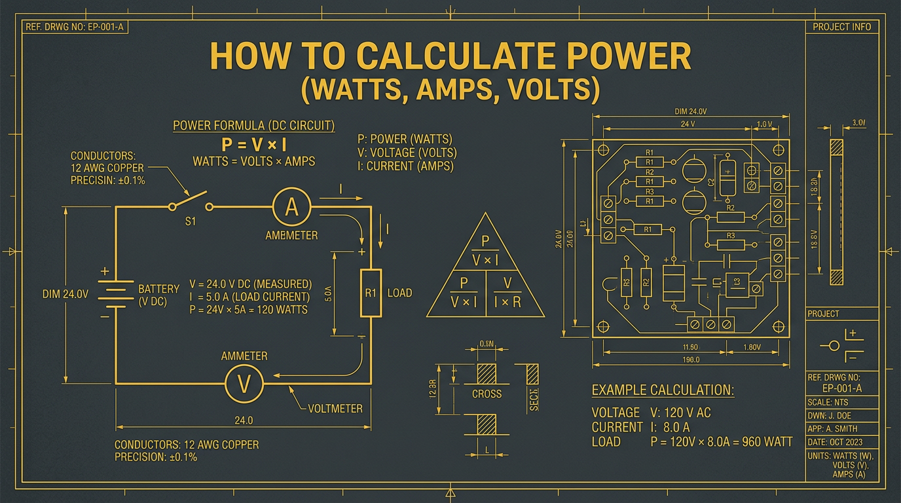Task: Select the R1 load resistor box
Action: pos(371,293)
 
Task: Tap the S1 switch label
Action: pos(191,222)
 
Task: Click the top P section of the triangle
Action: pos(485,250)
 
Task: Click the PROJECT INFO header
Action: pos(841,27)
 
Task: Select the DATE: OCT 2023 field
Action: pos(841,442)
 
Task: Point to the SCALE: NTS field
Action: pos(828,402)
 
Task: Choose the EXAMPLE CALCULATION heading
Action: pos(663,390)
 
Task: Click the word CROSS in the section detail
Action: pos(487,394)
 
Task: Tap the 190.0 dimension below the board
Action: pos(690,360)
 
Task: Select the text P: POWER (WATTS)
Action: pos(405,140)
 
